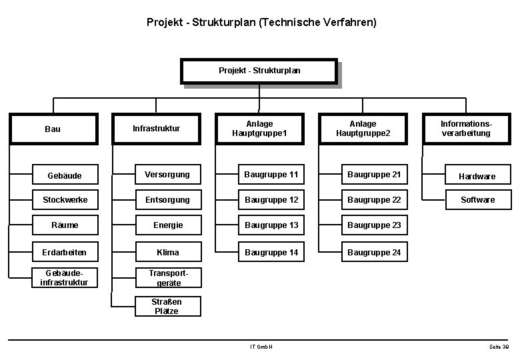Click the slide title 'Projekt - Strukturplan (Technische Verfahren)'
pos(261,23)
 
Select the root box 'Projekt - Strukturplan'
pos(259,71)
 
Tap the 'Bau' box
pos(52,129)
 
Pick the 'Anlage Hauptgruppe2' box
pos(363,129)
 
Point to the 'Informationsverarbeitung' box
pos(465,129)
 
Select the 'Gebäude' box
pos(65,175)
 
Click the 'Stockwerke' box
pos(65,200)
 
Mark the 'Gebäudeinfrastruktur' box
pos(65,278)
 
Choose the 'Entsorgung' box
pos(168,200)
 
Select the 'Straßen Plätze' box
pos(167,306)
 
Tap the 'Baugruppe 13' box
pos(271,225)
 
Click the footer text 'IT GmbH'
pos(261,347)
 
